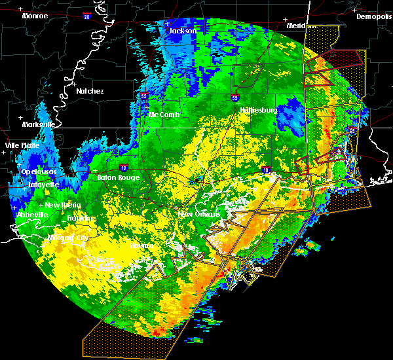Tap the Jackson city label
(183, 31)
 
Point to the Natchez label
(90, 91)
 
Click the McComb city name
(163, 115)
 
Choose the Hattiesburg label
(259, 110)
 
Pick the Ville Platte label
(22, 145)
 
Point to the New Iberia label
(63, 205)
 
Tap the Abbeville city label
(31, 214)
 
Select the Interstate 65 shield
(352, 132)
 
